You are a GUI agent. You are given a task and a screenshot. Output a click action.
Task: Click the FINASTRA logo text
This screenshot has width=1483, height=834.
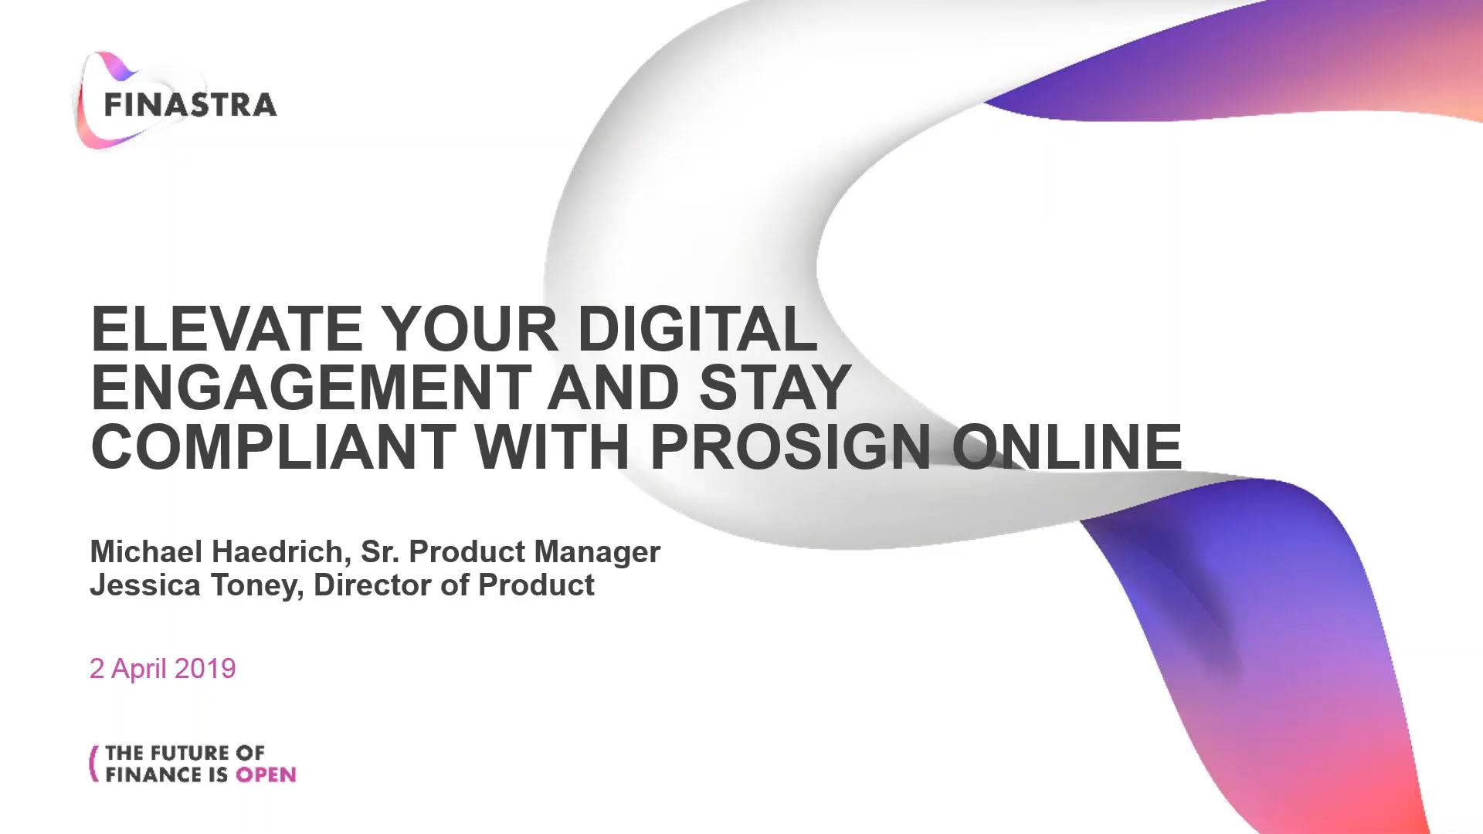click(x=190, y=105)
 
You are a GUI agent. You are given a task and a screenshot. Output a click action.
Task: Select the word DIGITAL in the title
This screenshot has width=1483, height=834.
click(x=697, y=329)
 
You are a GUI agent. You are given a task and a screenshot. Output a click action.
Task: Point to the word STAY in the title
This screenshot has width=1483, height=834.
click(x=775, y=388)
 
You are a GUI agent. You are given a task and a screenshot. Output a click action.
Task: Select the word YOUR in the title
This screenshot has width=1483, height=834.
click(x=470, y=329)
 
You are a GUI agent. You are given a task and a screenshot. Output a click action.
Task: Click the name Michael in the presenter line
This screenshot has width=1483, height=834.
click(x=147, y=551)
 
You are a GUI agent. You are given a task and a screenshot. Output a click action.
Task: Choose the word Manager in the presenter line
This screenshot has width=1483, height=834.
click(x=597, y=553)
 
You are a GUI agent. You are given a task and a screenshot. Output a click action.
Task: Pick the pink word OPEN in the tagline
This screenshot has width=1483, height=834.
click(x=266, y=775)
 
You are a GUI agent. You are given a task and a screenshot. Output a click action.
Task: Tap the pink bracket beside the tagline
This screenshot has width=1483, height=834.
click(x=94, y=764)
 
